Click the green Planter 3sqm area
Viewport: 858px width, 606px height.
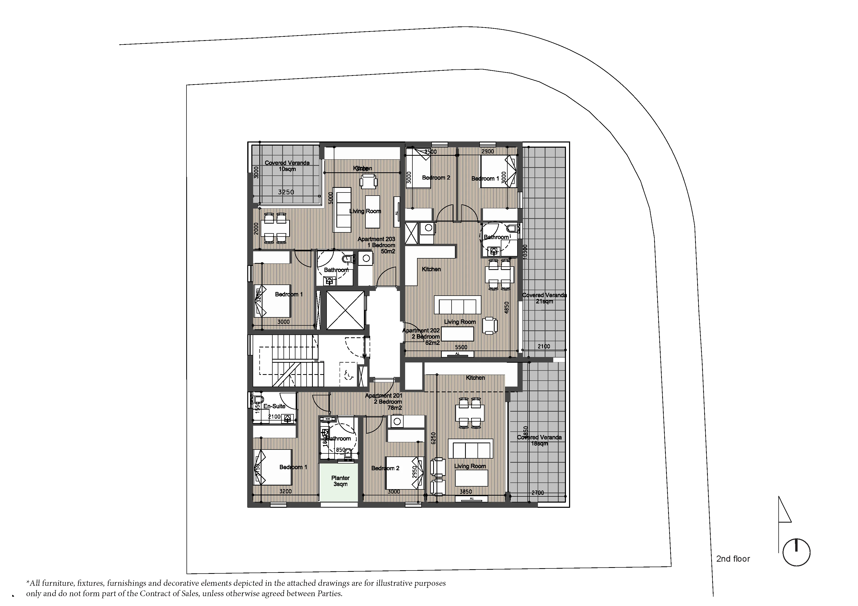(x=340, y=482)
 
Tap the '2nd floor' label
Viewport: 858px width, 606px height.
(x=733, y=559)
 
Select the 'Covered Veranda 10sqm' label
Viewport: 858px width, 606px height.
(x=287, y=166)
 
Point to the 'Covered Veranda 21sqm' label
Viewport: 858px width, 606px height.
(x=544, y=298)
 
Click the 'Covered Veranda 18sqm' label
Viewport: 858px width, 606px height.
(x=539, y=440)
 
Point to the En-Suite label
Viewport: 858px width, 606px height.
(x=274, y=406)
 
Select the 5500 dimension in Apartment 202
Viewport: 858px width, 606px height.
(x=461, y=347)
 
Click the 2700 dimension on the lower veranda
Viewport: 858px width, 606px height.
(x=537, y=493)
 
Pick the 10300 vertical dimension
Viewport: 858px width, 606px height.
(x=525, y=252)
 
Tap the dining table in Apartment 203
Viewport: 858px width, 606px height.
(x=275, y=227)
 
